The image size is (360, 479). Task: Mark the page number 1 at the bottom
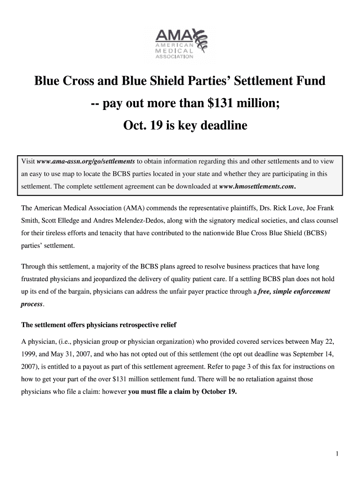[337, 454]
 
